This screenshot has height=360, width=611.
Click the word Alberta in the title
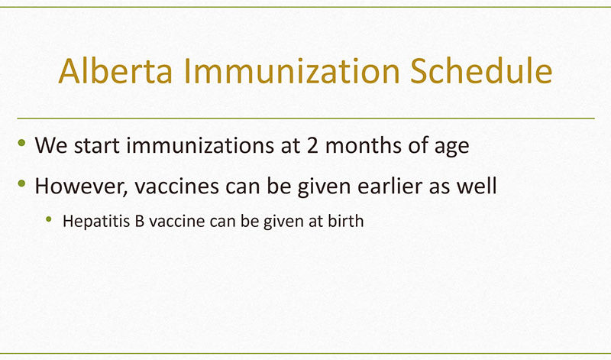click(115, 70)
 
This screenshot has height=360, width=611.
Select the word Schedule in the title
click(481, 70)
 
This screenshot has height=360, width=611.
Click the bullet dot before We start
click(22, 142)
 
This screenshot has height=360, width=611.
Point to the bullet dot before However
click(22, 183)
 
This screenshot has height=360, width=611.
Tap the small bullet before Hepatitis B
click(49, 219)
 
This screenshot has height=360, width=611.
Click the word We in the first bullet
click(51, 145)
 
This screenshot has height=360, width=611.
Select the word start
click(97, 146)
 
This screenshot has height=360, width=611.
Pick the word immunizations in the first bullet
click(200, 145)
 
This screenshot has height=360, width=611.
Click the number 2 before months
click(312, 145)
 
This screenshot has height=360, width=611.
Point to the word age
click(451, 148)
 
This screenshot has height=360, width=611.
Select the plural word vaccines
click(176, 186)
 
